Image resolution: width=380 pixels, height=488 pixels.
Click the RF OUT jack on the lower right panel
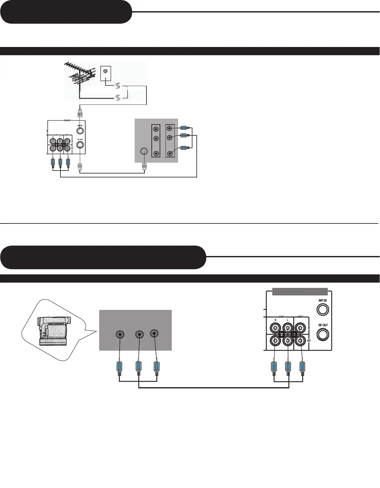click(x=323, y=334)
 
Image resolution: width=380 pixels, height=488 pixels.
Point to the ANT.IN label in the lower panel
click(x=323, y=300)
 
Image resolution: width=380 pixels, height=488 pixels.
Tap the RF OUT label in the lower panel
click(x=323, y=325)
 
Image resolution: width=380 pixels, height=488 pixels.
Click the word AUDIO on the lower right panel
click(x=281, y=317)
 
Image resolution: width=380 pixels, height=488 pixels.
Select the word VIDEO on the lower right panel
click(x=301, y=317)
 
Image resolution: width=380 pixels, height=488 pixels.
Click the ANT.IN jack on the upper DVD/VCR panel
click(x=80, y=131)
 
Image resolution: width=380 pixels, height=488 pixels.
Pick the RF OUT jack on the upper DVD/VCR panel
click(x=80, y=145)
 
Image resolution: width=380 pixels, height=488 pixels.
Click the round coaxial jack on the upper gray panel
click(x=144, y=151)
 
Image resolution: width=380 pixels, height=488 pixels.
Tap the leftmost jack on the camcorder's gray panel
click(x=120, y=335)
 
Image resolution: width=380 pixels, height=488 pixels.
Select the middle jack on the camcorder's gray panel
click(x=139, y=335)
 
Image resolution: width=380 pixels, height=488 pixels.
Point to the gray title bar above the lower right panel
click(x=300, y=291)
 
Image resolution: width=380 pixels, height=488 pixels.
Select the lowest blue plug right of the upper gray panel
click(x=184, y=148)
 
